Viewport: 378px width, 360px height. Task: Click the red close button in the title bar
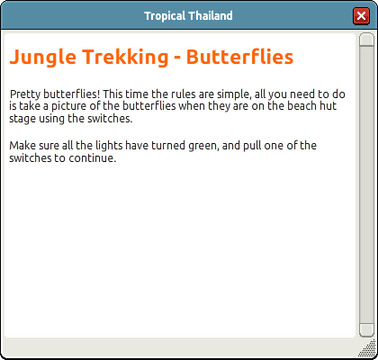[x=361, y=15]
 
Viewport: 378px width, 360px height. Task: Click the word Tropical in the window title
[x=165, y=16]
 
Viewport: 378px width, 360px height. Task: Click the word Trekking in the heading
[x=125, y=57]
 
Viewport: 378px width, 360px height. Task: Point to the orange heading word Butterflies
[x=239, y=57]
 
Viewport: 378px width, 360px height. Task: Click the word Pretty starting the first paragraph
[x=25, y=94]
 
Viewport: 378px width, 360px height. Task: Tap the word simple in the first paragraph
[x=234, y=94]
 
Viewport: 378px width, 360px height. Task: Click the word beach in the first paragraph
[x=299, y=106]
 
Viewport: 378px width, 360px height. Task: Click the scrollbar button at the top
[x=366, y=40]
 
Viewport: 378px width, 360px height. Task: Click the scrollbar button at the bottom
[x=366, y=330]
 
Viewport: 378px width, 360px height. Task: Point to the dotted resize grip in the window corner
[x=368, y=348]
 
